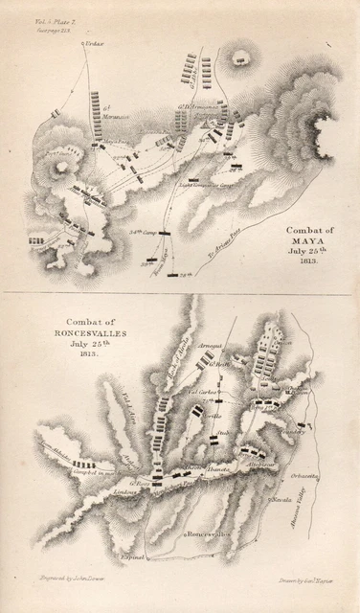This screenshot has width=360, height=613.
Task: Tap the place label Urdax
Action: (93, 45)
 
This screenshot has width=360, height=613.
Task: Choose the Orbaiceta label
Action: (308, 470)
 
